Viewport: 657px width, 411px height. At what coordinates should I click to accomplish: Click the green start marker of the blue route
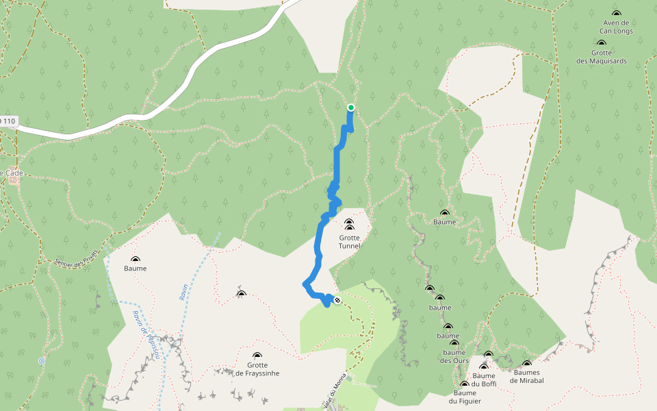point(351,108)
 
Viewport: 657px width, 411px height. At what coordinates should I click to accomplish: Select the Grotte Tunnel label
point(349,242)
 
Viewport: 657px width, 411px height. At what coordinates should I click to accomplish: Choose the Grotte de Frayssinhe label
point(257,369)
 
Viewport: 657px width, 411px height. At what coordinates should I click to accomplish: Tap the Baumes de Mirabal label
point(527,377)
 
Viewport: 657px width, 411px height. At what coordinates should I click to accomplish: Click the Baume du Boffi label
point(484,379)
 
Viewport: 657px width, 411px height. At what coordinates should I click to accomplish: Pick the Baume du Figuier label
point(465,397)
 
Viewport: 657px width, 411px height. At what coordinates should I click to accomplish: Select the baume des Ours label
point(454,357)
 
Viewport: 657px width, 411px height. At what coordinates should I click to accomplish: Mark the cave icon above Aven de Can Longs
point(616,14)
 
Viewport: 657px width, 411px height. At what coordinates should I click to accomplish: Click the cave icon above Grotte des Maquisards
point(602,43)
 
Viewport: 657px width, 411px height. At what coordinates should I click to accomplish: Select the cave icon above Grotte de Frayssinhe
point(257,356)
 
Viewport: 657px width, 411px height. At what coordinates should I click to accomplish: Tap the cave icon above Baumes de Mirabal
point(527,364)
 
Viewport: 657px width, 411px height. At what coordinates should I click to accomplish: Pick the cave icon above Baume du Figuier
point(465,384)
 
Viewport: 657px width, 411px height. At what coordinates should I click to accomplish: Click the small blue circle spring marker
point(42,361)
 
